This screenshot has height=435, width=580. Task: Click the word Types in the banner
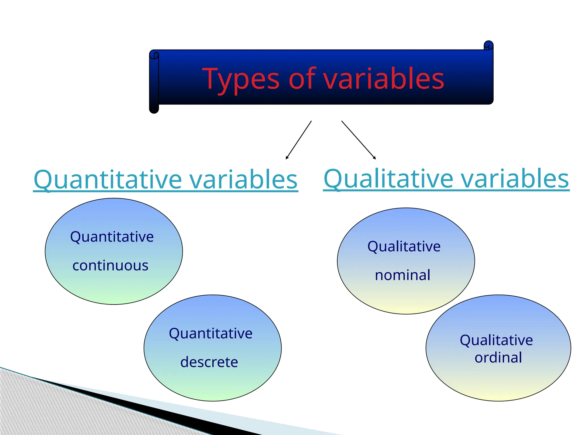pos(241,79)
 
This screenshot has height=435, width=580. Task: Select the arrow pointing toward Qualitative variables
pos(359,140)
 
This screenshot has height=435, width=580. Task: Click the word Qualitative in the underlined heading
pos(388,179)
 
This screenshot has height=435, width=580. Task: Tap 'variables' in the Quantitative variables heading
pos(243,180)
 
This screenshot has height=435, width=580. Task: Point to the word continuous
pos(110,266)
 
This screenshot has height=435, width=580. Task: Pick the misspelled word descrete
pos(209,362)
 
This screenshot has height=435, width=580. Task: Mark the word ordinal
pos(498,358)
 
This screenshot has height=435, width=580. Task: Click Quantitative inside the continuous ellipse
pos(112,237)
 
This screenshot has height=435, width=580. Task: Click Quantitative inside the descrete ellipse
pos(210,333)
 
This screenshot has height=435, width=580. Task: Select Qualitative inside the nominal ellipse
pos(404,246)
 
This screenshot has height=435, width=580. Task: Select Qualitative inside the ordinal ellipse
pos(496,340)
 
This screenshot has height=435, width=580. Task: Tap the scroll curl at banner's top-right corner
pos(489,46)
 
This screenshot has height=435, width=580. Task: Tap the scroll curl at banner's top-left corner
pos(154,55)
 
